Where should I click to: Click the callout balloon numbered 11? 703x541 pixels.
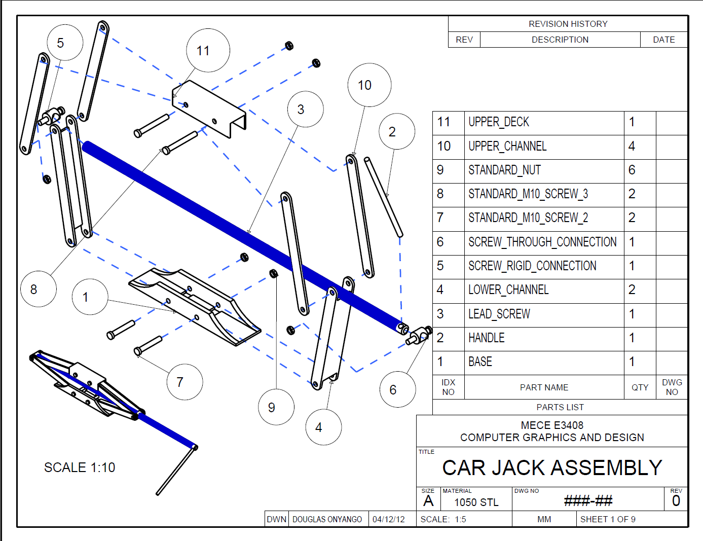pyautogui.click(x=208, y=51)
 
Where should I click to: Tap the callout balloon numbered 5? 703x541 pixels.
pyautogui.click(x=65, y=43)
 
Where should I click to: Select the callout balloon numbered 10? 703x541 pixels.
pyautogui.click(x=369, y=85)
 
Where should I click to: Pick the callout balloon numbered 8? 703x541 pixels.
pyautogui.click(x=38, y=289)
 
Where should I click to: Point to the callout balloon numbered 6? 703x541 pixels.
pyautogui.click(x=397, y=389)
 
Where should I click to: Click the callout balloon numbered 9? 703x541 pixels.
pyautogui.click(x=276, y=407)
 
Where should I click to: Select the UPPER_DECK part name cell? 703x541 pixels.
pyautogui.click(x=499, y=122)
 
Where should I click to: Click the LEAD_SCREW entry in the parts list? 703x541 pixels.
pyautogui.click(x=499, y=314)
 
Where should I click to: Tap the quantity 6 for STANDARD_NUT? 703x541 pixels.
pyautogui.click(x=632, y=170)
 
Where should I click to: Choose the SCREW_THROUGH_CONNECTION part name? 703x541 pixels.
pyautogui.click(x=542, y=242)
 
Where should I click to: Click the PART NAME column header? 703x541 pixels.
pyautogui.click(x=544, y=387)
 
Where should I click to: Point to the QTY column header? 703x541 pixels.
pyautogui.click(x=640, y=387)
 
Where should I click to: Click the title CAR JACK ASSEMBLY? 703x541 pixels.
pyautogui.click(x=552, y=467)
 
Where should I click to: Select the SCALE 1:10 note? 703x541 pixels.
pyautogui.click(x=80, y=467)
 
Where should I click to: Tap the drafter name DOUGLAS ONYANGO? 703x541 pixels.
pyautogui.click(x=327, y=519)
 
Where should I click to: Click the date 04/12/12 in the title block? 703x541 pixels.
pyautogui.click(x=388, y=519)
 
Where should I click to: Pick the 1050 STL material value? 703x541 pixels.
pyautogui.click(x=476, y=502)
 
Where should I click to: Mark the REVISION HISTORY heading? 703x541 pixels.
pyautogui.click(x=568, y=24)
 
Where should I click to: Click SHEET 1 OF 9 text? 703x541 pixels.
pyautogui.click(x=607, y=519)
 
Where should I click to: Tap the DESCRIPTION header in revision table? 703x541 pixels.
pyautogui.click(x=560, y=40)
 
